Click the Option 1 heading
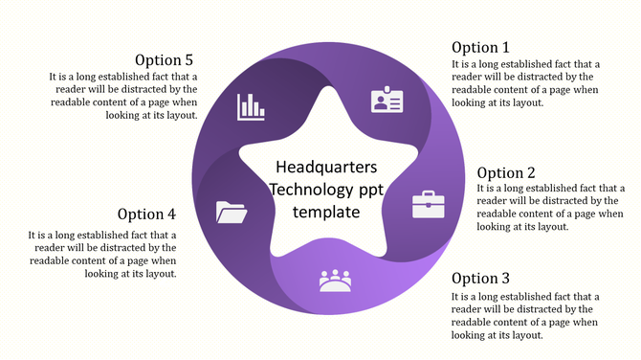(480, 48)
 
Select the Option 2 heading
(506, 173)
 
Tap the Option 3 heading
(480, 279)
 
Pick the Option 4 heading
(147, 214)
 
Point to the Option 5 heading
(164, 59)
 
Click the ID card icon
(387, 101)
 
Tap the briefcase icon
(428, 204)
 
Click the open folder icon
(232, 211)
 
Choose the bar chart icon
(251, 106)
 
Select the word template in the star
(326, 211)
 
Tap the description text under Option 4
(103, 254)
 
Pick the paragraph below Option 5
(124, 96)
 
